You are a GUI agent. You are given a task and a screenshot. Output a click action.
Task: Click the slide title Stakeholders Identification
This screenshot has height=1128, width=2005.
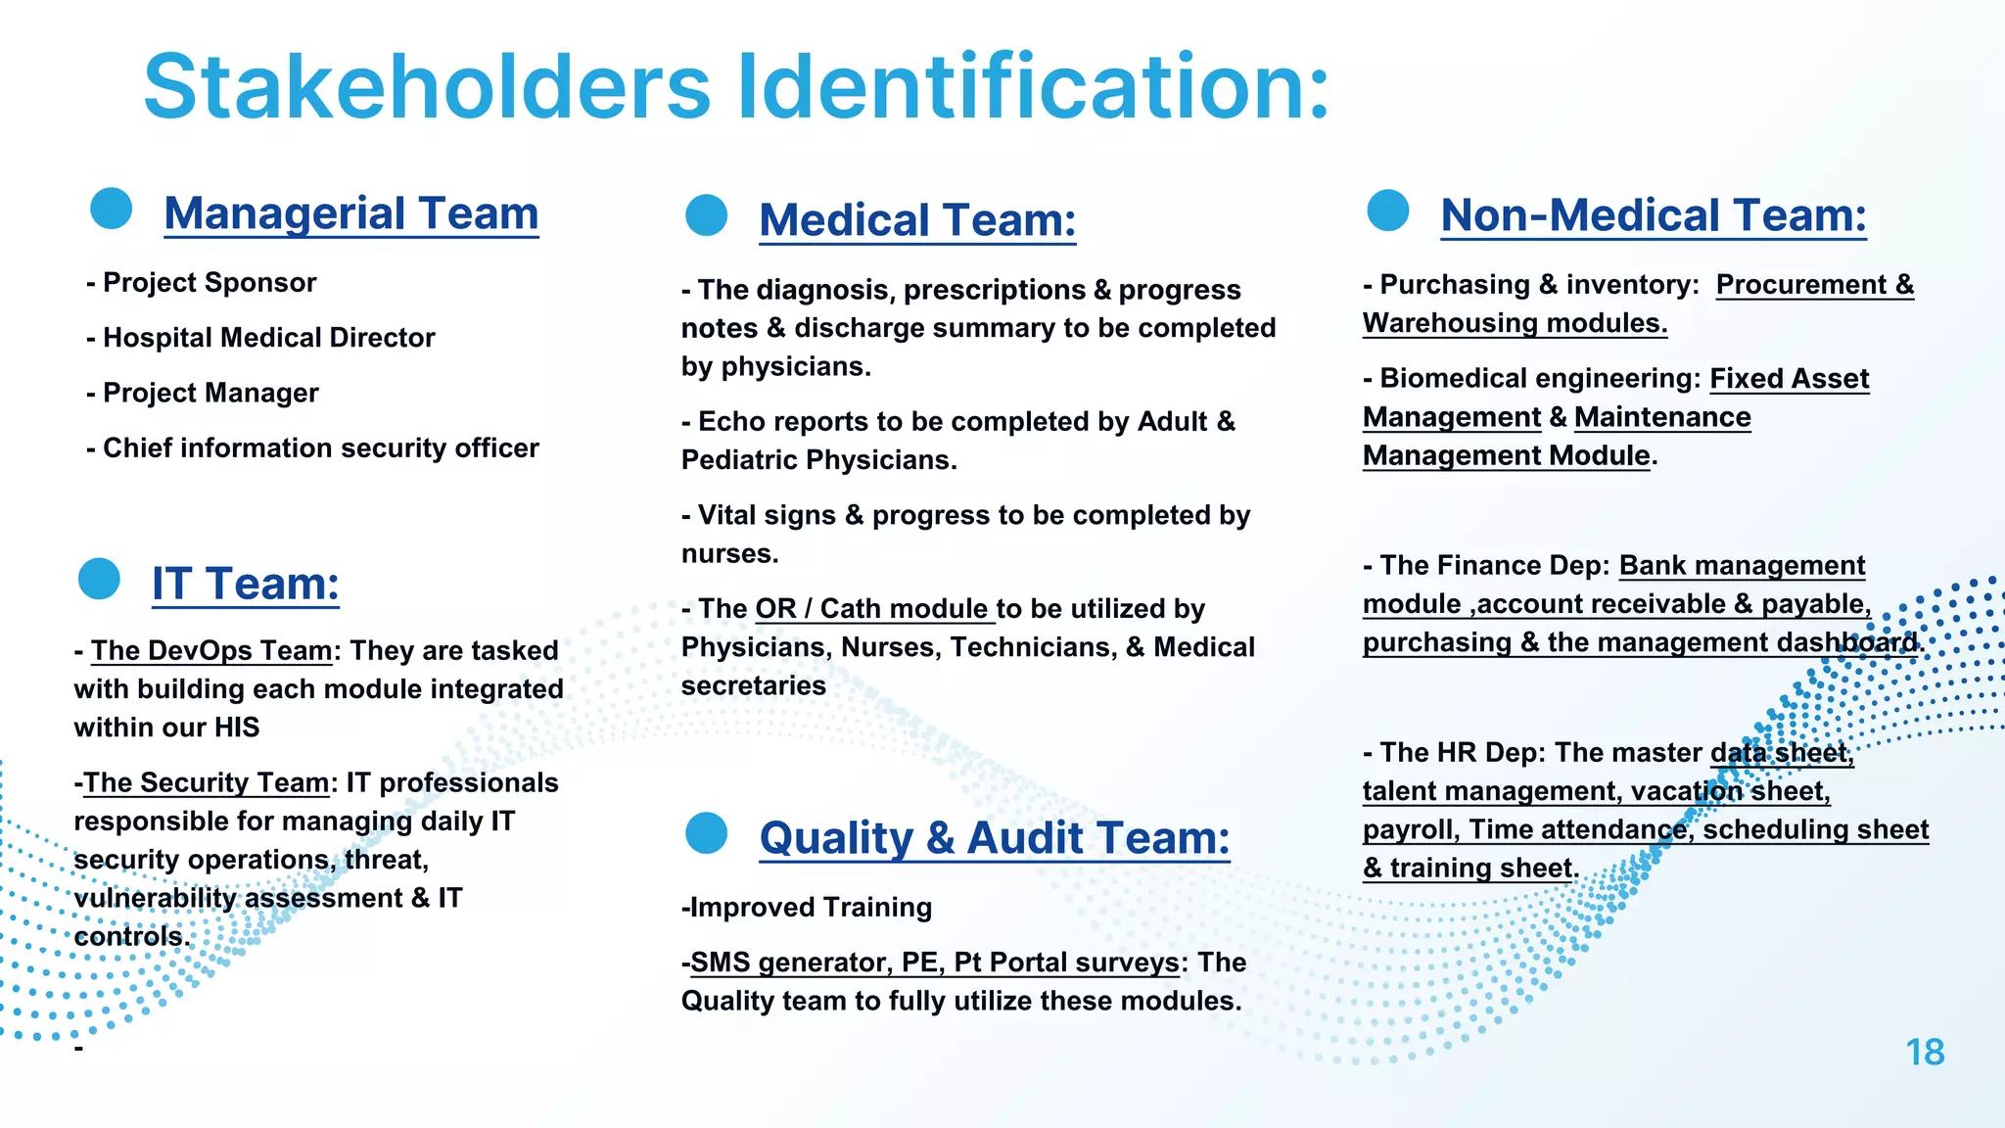click(736, 87)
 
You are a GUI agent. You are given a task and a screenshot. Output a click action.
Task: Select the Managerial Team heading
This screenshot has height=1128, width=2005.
click(351, 213)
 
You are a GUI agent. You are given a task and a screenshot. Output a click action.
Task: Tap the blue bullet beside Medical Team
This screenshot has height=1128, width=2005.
click(706, 215)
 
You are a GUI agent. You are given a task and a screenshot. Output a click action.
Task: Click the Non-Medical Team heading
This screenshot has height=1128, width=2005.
click(1654, 215)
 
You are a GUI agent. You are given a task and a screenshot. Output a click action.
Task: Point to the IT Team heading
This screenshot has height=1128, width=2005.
click(246, 584)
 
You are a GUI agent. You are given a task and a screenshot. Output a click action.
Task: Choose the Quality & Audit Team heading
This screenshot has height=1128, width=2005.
click(995, 838)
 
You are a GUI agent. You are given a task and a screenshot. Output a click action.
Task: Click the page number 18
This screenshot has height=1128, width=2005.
click(1925, 1053)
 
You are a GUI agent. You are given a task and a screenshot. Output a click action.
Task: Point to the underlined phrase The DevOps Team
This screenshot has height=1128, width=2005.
click(211, 651)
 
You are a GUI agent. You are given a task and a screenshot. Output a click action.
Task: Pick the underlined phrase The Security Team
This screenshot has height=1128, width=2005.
click(206, 783)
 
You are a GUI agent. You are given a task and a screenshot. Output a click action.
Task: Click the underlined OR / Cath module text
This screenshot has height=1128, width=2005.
click(872, 609)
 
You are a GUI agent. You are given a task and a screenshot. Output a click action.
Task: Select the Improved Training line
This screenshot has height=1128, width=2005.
click(807, 908)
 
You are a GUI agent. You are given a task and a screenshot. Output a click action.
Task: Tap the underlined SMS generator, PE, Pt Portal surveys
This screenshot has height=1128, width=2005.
click(934, 963)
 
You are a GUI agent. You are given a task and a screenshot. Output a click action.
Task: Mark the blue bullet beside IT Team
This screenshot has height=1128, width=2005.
click(99, 579)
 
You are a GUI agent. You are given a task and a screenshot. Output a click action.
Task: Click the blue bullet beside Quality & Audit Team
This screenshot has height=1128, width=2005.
click(706, 833)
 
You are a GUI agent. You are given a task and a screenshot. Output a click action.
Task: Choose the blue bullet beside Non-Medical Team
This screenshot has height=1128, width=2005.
click(1387, 211)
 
